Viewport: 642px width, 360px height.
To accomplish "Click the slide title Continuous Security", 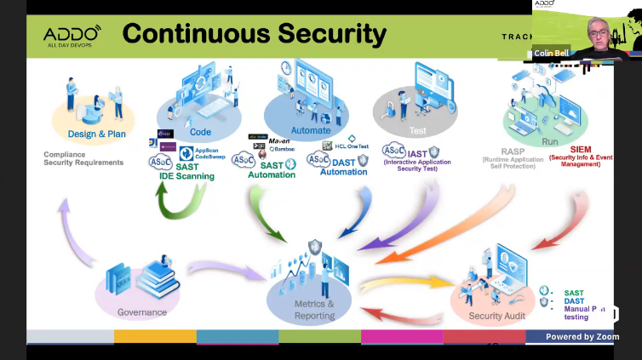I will (x=254, y=34).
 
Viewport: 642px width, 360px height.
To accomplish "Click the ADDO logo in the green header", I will (x=72, y=34).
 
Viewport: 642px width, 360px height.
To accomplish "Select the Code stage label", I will (x=200, y=132).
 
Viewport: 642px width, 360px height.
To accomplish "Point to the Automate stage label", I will (x=311, y=130).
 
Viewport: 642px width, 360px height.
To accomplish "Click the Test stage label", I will (x=417, y=132).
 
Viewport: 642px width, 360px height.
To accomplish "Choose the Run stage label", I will (x=550, y=142).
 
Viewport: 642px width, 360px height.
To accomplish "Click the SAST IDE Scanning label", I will (x=186, y=172).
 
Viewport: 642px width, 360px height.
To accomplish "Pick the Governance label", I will (x=142, y=312).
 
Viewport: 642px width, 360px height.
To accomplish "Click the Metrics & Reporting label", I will (x=313, y=310).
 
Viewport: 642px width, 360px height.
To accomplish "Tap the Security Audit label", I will (x=497, y=316).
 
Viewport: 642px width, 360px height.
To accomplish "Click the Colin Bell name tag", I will (x=551, y=53).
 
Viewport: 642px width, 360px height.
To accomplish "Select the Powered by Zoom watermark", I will (x=582, y=337).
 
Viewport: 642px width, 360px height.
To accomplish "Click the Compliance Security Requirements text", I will (x=83, y=158).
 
